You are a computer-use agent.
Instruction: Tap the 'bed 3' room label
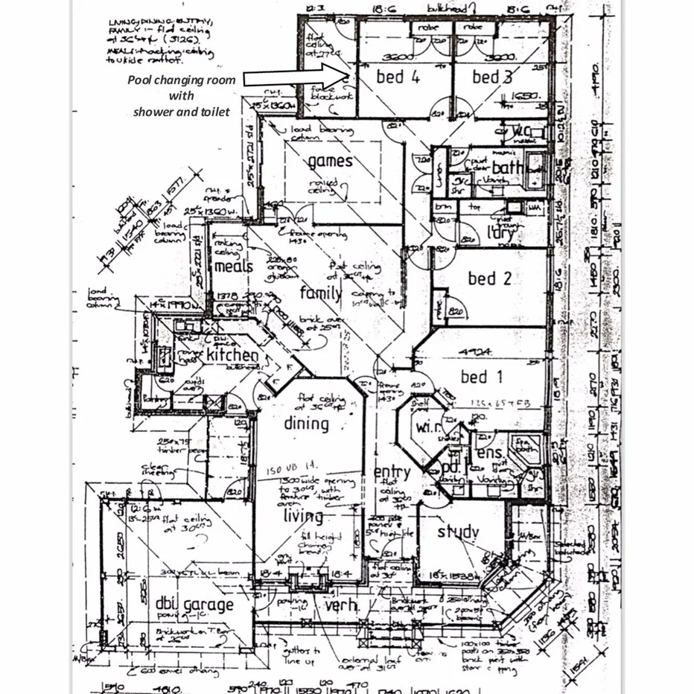pos(493,77)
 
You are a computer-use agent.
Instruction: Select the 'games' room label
pos(330,161)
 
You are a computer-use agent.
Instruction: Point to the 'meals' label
pos(234,266)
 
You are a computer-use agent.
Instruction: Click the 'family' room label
pos(320,293)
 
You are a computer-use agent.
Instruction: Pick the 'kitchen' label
pos(232,355)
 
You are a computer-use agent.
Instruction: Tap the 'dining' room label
pos(306,424)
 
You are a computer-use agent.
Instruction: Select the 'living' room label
pos(303,515)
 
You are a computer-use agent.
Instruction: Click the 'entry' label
pos(392,473)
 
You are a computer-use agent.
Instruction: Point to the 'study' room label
pos(458,532)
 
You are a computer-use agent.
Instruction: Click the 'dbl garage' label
pos(194,605)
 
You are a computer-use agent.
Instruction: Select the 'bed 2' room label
pos(489,278)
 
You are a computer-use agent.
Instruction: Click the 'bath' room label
pos(507,168)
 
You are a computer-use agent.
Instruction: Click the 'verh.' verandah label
pos(341,605)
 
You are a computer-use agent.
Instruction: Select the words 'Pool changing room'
pos(181,80)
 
